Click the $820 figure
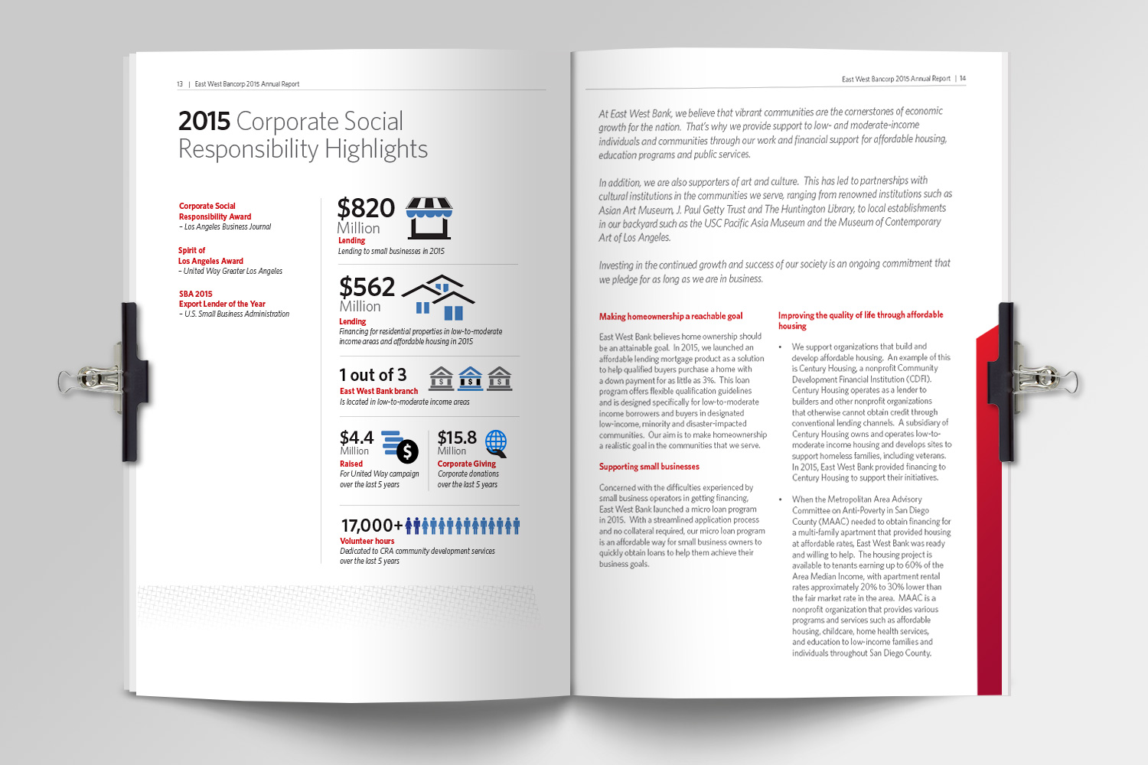click(x=366, y=208)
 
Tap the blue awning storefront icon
click(x=429, y=217)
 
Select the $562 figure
click(x=367, y=287)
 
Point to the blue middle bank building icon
click(x=470, y=379)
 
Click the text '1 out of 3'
click(x=373, y=375)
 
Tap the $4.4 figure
click(x=357, y=438)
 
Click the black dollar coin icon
click(x=407, y=451)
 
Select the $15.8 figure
click(x=457, y=438)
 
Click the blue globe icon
click(x=496, y=442)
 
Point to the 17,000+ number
click(x=371, y=526)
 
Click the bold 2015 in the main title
click(x=204, y=121)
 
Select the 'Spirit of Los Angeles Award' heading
click(x=210, y=256)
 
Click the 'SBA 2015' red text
click(x=196, y=294)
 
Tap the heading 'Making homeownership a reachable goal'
click(x=670, y=316)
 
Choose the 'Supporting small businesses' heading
click(x=649, y=467)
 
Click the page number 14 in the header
click(x=963, y=78)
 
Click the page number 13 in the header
click(x=180, y=84)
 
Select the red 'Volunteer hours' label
click(x=367, y=541)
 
